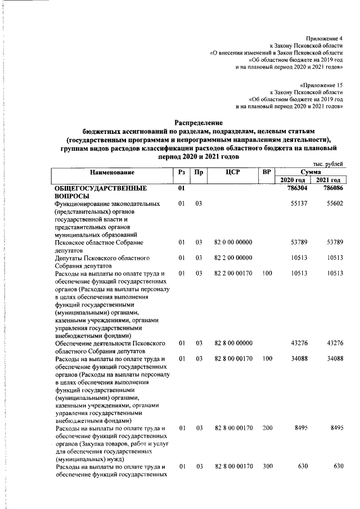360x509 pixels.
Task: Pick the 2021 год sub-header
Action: (328, 179)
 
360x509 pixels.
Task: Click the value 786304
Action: (296, 188)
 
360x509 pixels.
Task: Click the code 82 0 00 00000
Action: (231, 242)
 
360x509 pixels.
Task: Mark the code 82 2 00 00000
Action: (231, 258)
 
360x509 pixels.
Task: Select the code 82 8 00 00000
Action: (231, 343)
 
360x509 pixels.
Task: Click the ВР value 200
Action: (267, 429)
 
